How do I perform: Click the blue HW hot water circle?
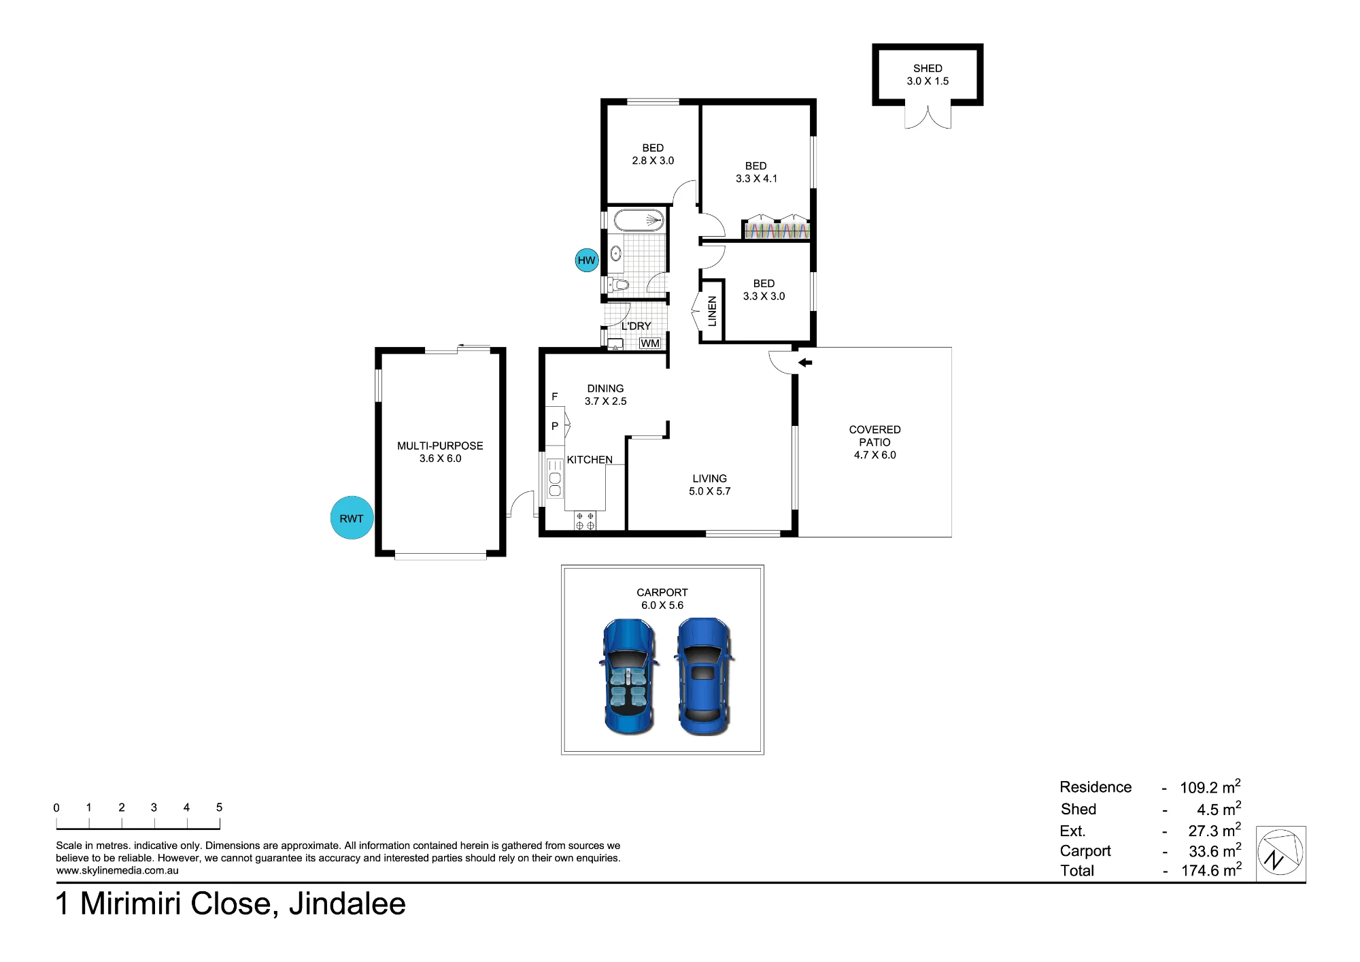tap(586, 260)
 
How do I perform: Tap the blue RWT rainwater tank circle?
tap(352, 518)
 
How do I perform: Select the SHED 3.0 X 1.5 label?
tap(928, 75)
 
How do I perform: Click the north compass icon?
tap(1280, 854)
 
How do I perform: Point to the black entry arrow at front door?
tap(805, 363)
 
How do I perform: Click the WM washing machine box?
tap(650, 344)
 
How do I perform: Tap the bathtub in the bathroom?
tap(639, 220)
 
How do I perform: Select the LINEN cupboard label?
tap(712, 311)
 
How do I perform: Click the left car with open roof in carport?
tap(629, 676)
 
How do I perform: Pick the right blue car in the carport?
tap(704, 676)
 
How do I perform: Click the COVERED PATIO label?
tap(874, 442)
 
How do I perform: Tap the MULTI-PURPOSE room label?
tap(440, 452)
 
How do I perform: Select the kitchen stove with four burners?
tap(585, 520)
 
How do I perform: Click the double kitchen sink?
tap(555, 478)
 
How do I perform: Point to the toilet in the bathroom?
tap(617, 284)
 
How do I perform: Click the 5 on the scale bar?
tap(219, 808)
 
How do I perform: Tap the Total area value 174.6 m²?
tap(1211, 870)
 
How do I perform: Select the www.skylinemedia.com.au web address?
tap(117, 870)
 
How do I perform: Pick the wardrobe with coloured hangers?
tap(776, 229)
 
